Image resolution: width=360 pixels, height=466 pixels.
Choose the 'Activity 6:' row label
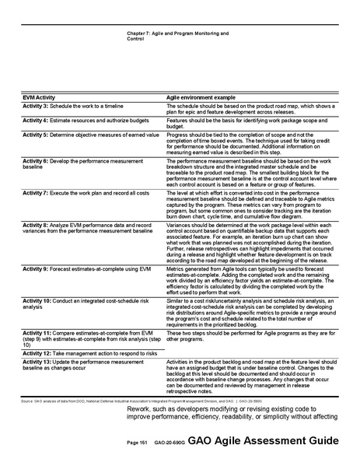pyautogui.click(x=36, y=159)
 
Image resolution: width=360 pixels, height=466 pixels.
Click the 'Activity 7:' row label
pyautogui.click(x=36, y=191)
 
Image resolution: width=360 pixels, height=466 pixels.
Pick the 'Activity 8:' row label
pyautogui.click(x=36, y=222)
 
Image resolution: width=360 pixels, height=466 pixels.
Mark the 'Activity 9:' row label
pyautogui.click(x=36, y=267)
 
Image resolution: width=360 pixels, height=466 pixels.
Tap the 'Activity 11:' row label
pyautogui.click(x=37, y=331)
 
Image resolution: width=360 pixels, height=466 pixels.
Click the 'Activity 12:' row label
pyautogui.click(x=37, y=352)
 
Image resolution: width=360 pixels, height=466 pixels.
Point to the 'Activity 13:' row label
pyautogui.click(x=37, y=362)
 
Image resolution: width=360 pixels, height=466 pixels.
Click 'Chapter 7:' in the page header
pyautogui.click(x=138, y=33)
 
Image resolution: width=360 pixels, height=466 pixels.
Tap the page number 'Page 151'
pyautogui.click(x=138, y=442)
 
